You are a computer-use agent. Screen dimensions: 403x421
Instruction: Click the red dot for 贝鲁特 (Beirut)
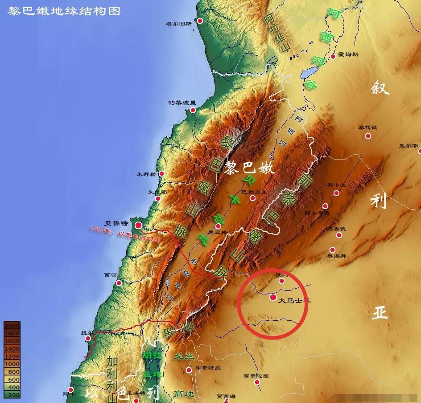(x=139, y=225)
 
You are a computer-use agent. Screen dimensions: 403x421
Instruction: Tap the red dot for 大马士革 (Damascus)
(x=273, y=297)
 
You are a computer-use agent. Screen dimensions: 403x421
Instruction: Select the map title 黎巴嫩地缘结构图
(x=64, y=11)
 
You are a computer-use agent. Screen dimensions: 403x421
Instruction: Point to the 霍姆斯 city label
(x=348, y=55)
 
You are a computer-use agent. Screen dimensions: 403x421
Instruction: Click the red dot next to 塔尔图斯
(x=200, y=21)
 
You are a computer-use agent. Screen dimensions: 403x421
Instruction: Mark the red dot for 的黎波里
(x=193, y=110)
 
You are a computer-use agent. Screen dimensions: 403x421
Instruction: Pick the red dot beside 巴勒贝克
(x=252, y=197)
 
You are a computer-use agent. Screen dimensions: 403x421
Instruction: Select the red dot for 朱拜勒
(x=161, y=173)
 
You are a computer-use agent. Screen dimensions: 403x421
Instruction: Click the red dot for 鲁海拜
(x=332, y=250)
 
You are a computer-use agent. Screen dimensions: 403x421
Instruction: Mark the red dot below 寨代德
(x=368, y=136)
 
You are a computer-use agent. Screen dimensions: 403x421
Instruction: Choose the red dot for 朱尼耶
(x=158, y=199)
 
